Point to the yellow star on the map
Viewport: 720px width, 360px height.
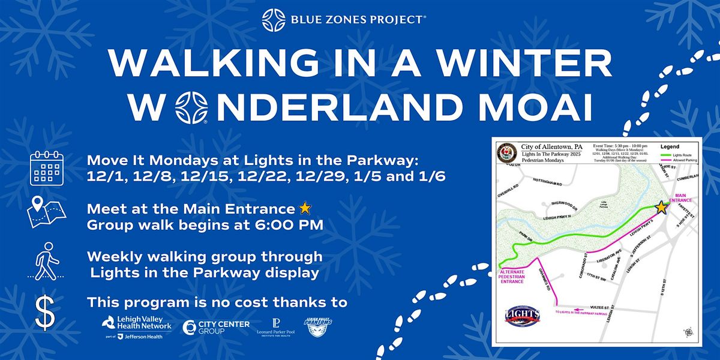661,208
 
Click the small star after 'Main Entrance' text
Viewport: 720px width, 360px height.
305,209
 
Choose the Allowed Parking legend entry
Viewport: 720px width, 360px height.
679,160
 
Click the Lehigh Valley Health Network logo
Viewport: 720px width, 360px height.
137,327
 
